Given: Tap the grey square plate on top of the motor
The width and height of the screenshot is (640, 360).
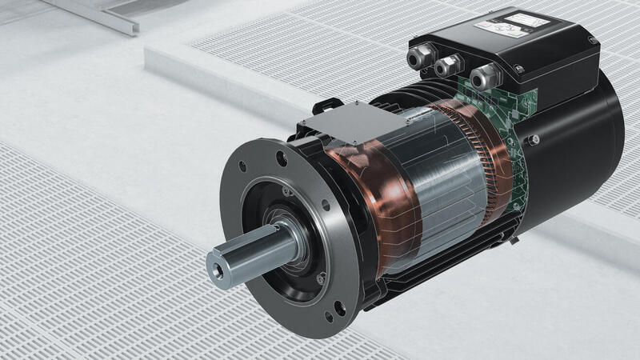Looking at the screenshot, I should click(x=330, y=121).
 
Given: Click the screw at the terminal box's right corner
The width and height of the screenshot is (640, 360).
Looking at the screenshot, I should click(x=592, y=40).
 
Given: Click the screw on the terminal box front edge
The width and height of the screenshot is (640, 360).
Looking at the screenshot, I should click(x=519, y=70).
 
